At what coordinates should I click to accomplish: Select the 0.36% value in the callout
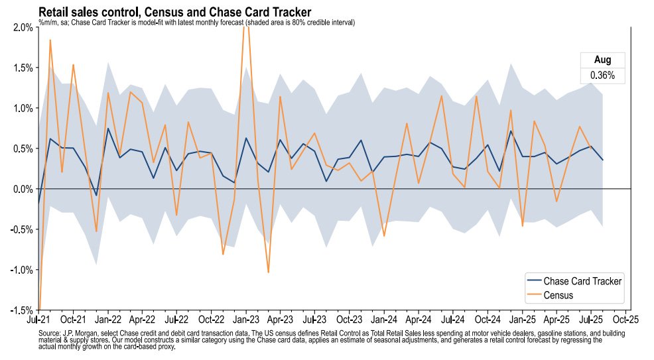(602, 76)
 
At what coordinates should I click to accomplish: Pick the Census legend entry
(558, 295)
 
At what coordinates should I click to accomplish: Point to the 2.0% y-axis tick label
(22, 27)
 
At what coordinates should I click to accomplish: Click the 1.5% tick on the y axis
(22, 68)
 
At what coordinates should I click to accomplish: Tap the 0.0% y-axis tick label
(22, 189)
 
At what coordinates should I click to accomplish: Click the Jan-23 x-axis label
(246, 318)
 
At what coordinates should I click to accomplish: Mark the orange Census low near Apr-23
(269, 272)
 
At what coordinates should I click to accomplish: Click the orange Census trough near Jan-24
(384, 236)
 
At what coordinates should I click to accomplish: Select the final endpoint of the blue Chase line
(602, 160)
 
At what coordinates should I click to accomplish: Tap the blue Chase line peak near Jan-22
(108, 129)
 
